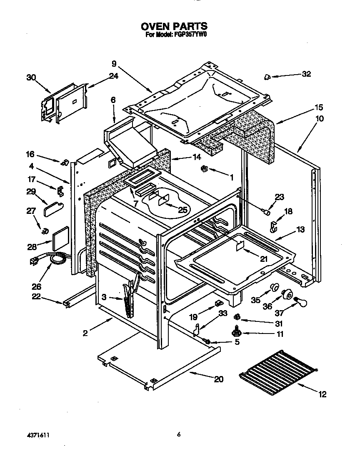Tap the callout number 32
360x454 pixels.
click(x=306, y=74)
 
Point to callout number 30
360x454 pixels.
click(x=31, y=77)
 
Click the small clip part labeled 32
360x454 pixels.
click(x=267, y=76)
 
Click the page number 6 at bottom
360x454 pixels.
click(x=178, y=434)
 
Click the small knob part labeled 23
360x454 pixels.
click(x=265, y=212)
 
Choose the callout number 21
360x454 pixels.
click(x=263, y=259)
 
